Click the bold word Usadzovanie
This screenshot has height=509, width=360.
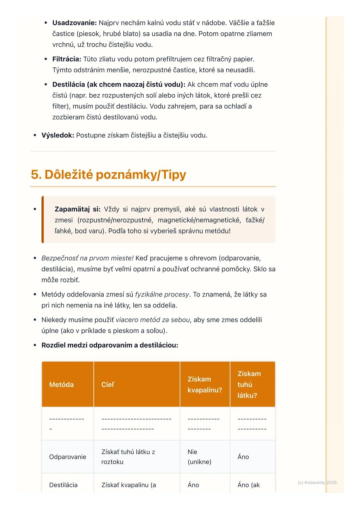74,23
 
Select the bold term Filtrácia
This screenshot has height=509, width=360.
66,59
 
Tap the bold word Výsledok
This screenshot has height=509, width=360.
57,135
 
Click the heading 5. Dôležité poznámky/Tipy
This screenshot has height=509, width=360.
108,175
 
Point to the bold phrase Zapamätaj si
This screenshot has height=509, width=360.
77,209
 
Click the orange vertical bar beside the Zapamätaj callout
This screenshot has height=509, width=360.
43,220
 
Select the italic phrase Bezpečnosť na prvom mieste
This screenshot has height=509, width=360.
87,258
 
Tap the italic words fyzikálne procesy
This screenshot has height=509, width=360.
162,294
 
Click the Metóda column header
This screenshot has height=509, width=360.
61,384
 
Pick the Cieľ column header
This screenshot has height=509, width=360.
108,384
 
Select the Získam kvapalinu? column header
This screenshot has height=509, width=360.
204,384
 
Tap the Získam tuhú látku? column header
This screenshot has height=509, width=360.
249,384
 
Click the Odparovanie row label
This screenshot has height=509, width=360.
68,457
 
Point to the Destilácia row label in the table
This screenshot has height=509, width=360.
63,485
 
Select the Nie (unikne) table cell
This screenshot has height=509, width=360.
199,457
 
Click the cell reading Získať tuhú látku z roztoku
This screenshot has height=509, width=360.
128,457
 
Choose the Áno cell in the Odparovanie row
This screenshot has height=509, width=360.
243,457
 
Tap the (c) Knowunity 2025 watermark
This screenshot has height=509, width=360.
317,482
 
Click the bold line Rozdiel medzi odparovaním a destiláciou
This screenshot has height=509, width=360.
110,345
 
